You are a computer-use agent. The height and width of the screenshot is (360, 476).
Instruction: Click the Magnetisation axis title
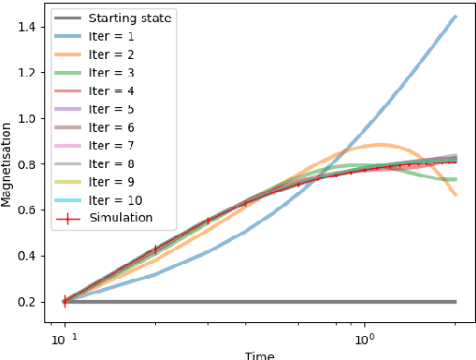tap(8, 166)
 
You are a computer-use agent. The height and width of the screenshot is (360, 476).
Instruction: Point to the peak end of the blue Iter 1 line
tap(456, 16)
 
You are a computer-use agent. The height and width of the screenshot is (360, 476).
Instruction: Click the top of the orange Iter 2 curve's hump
tap(380, 145)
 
